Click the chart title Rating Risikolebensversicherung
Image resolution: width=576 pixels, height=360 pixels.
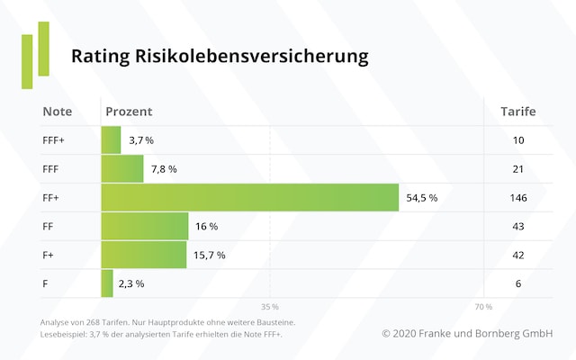[220, 57]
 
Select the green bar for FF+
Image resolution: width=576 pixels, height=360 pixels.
[249, 197]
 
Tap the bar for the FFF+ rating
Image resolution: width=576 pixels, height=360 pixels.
[111, 140]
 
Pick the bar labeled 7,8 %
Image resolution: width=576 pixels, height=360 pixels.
[122, 168]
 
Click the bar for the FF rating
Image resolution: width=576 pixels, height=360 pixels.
[145, 226]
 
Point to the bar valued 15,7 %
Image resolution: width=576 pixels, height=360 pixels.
[144, 255]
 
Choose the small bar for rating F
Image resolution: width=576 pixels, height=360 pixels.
[107, 283]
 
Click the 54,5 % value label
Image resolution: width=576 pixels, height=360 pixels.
[421, 198]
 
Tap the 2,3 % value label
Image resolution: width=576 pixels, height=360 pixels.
[130, 283]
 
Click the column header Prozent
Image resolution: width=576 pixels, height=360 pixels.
[129, 112]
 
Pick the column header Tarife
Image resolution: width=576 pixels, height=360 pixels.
[517, 112]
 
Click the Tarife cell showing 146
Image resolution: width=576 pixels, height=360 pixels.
[517, 198]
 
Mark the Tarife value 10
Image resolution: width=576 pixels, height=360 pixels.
[517, 140]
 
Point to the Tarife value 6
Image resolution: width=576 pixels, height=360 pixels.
[517, 283]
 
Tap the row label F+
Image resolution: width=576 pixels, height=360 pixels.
[49, 255]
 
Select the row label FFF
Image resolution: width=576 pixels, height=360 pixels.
[51, 169]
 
